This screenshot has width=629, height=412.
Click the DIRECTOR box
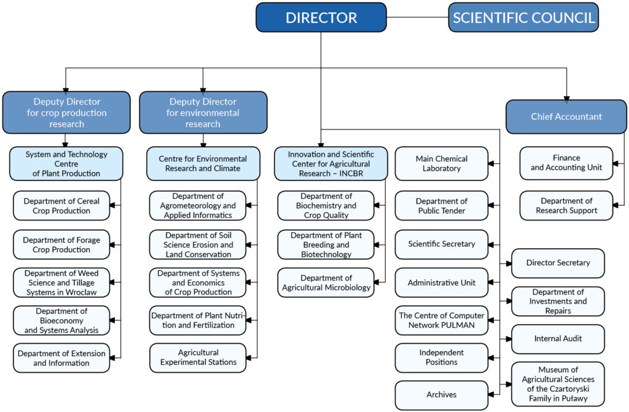tap(321, 17)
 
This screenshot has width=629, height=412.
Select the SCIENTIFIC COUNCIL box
tap(523, 17)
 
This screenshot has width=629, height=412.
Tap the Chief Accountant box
tap(566, 117)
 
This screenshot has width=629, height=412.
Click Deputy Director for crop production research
tap(66, 112)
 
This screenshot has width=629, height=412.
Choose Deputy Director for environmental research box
tap(203, 112)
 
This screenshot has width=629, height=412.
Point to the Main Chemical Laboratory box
tap(441, 164)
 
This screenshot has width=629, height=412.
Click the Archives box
tap(441, 395)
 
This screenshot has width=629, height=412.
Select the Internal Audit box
tap(558, 339)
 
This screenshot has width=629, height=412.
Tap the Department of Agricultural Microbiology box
tap(326, 283)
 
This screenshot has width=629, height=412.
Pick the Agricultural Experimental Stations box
tap(198, 357)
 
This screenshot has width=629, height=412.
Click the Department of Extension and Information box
tap(61, 358)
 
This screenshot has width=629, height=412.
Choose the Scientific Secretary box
tap(441, 244)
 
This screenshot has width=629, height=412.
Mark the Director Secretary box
tap(558, 263)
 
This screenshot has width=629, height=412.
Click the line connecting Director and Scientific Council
tap(417, 17)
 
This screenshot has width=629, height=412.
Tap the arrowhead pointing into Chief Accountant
tap(566, 98)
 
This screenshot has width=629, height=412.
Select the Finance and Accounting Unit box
tap(566, 163)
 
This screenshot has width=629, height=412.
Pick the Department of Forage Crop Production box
tap(61, 245)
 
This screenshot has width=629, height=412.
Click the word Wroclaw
tap(81, 292)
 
